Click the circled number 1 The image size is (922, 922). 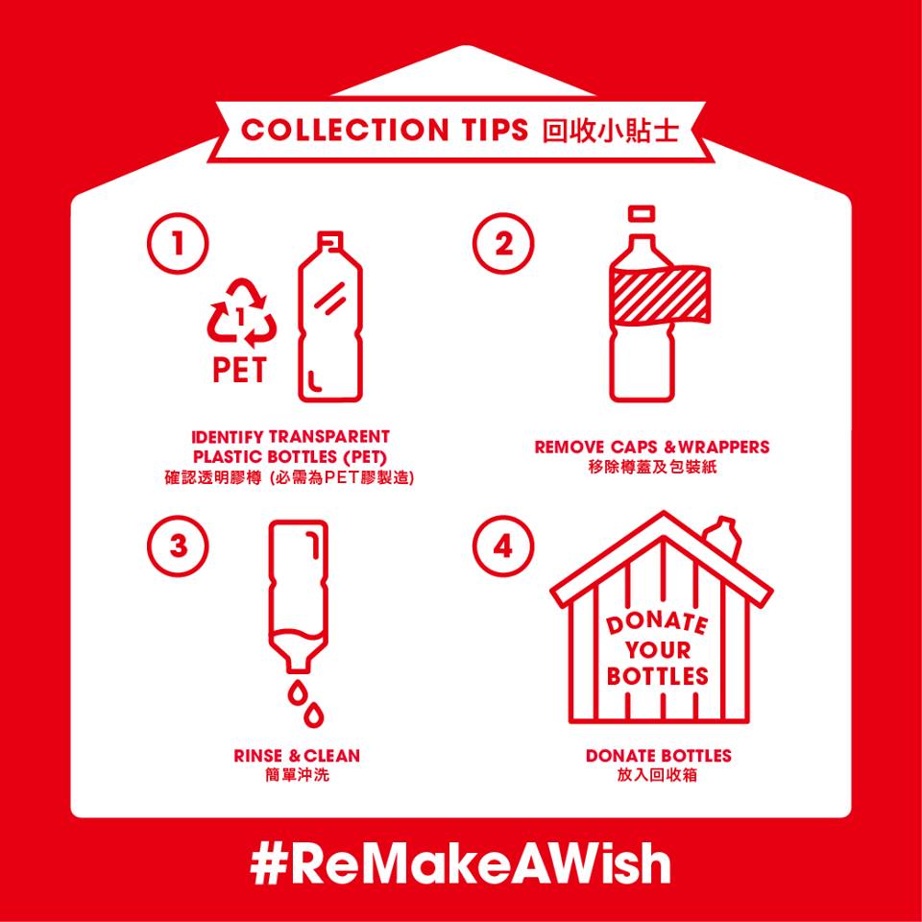[178, 243]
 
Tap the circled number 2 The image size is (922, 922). [503, 243]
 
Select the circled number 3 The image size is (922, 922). [178, 546]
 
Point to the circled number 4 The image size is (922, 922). [503, 546]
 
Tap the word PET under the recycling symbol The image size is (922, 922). [240, 369]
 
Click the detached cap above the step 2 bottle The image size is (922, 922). [642, 214]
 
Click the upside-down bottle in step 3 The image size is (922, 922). [298, 596]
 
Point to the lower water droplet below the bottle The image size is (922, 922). [313, 714]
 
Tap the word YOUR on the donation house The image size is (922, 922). [658, 650]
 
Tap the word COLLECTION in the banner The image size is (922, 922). [344, 130]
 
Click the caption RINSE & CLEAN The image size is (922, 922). [297, 756]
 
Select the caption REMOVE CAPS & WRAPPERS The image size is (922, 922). [651, 447]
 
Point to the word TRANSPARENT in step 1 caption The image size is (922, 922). [328, 437]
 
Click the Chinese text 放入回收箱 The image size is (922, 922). [657, 775]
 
